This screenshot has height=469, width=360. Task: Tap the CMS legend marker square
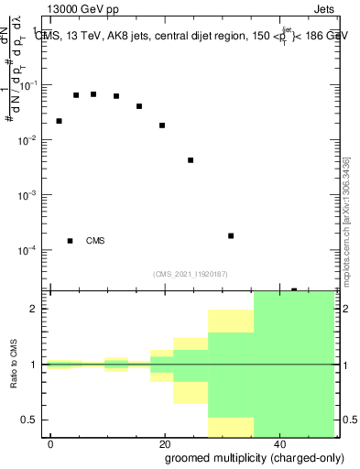point(70,241)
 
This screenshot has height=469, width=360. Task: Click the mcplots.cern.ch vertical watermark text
point(346,222)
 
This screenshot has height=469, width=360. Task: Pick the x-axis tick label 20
point(165,443)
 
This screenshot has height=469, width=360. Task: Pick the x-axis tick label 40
point(278,443)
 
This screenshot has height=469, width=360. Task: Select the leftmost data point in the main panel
point(59,121)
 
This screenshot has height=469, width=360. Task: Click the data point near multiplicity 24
point(191,160)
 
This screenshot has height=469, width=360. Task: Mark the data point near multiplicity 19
point(162,125)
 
